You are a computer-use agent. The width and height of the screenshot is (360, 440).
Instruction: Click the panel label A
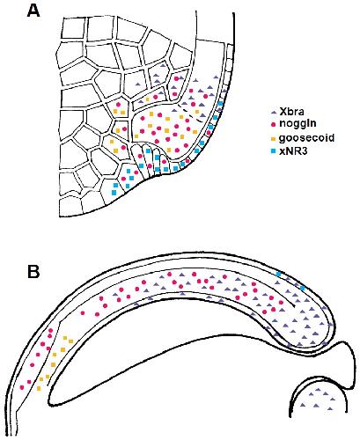33,11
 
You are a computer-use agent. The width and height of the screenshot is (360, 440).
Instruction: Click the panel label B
33,272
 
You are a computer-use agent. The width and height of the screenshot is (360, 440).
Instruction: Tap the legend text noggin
298,123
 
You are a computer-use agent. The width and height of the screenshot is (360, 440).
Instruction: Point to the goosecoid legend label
306,137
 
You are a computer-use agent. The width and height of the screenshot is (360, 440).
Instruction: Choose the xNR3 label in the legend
293,151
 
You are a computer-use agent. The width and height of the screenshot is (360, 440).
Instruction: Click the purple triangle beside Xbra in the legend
274,112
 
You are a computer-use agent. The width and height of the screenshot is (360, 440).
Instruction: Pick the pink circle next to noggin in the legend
274,124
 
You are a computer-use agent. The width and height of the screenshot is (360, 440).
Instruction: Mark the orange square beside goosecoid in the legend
274,138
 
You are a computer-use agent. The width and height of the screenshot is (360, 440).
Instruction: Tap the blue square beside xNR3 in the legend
274,151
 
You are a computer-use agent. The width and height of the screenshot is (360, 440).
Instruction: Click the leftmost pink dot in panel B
22,387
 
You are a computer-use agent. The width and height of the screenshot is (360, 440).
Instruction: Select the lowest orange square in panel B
39,389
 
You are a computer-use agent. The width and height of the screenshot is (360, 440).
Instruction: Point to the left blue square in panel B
278,274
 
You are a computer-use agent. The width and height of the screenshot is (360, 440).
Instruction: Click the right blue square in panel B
303,289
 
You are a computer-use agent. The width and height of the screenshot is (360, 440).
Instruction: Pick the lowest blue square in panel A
114,193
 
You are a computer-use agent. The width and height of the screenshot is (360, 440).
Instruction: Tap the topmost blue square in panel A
220,103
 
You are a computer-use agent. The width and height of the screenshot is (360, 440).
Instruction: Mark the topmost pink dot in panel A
177,78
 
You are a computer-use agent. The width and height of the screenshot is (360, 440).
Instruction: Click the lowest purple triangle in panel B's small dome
331,408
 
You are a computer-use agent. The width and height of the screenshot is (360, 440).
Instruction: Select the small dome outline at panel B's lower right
319,382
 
